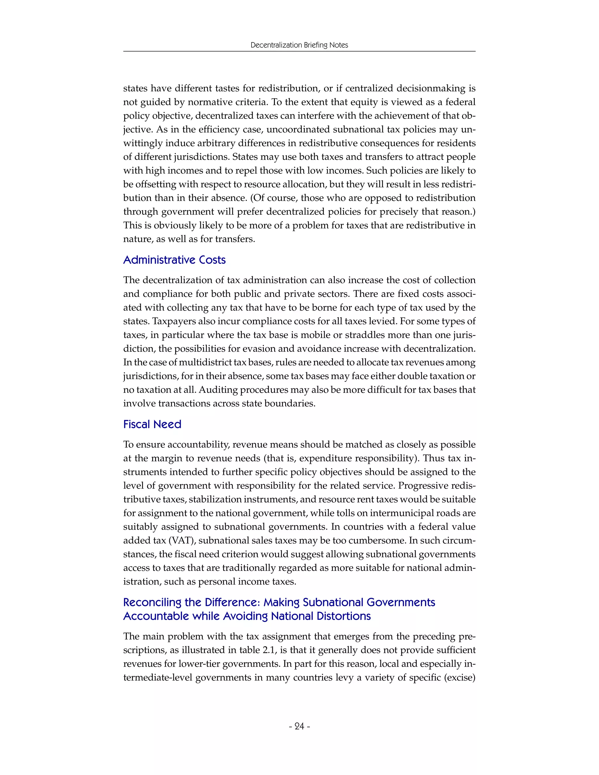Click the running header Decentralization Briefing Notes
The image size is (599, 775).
tap(299, 45)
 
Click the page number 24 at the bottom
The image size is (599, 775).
tap(299, 726)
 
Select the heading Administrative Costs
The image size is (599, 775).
tap(174, 260)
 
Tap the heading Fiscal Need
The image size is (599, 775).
tap(152, 424)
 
